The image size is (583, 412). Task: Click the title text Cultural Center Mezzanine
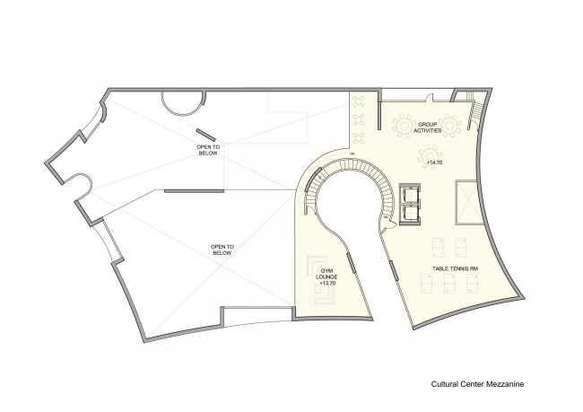click(x=475, y=383)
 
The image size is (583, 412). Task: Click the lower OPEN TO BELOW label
click(x=222, y=250)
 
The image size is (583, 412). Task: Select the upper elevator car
click(x=412, y=193)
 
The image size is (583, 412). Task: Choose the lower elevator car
click(x=412, y=214)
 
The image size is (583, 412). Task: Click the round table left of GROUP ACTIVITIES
click(x=401, y=125)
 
